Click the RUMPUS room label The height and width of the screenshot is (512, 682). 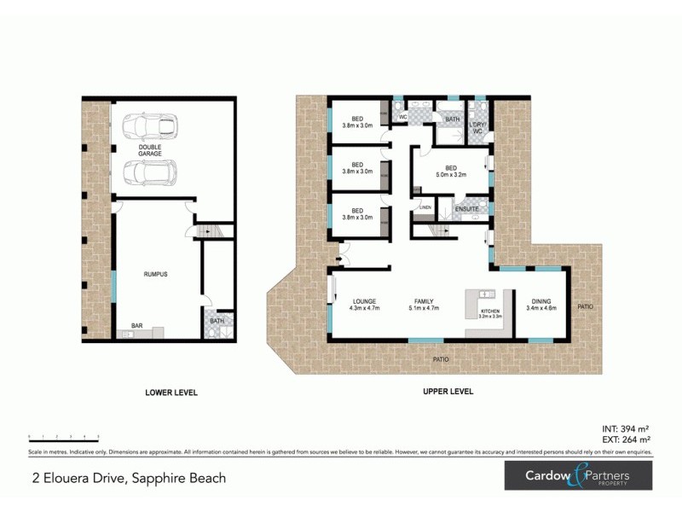[154, 274]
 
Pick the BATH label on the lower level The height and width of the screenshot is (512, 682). [216, 321]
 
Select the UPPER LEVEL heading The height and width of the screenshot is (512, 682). [448, 393]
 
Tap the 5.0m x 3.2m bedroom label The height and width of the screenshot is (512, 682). [451, 172]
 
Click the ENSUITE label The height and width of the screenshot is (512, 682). [467, 209]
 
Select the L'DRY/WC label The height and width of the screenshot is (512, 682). [477, 128]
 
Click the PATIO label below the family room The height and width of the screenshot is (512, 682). [440, 359]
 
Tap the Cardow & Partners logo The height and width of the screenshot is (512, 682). [577, 476]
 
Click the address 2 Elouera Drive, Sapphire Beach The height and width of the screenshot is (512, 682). [128, 478]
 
